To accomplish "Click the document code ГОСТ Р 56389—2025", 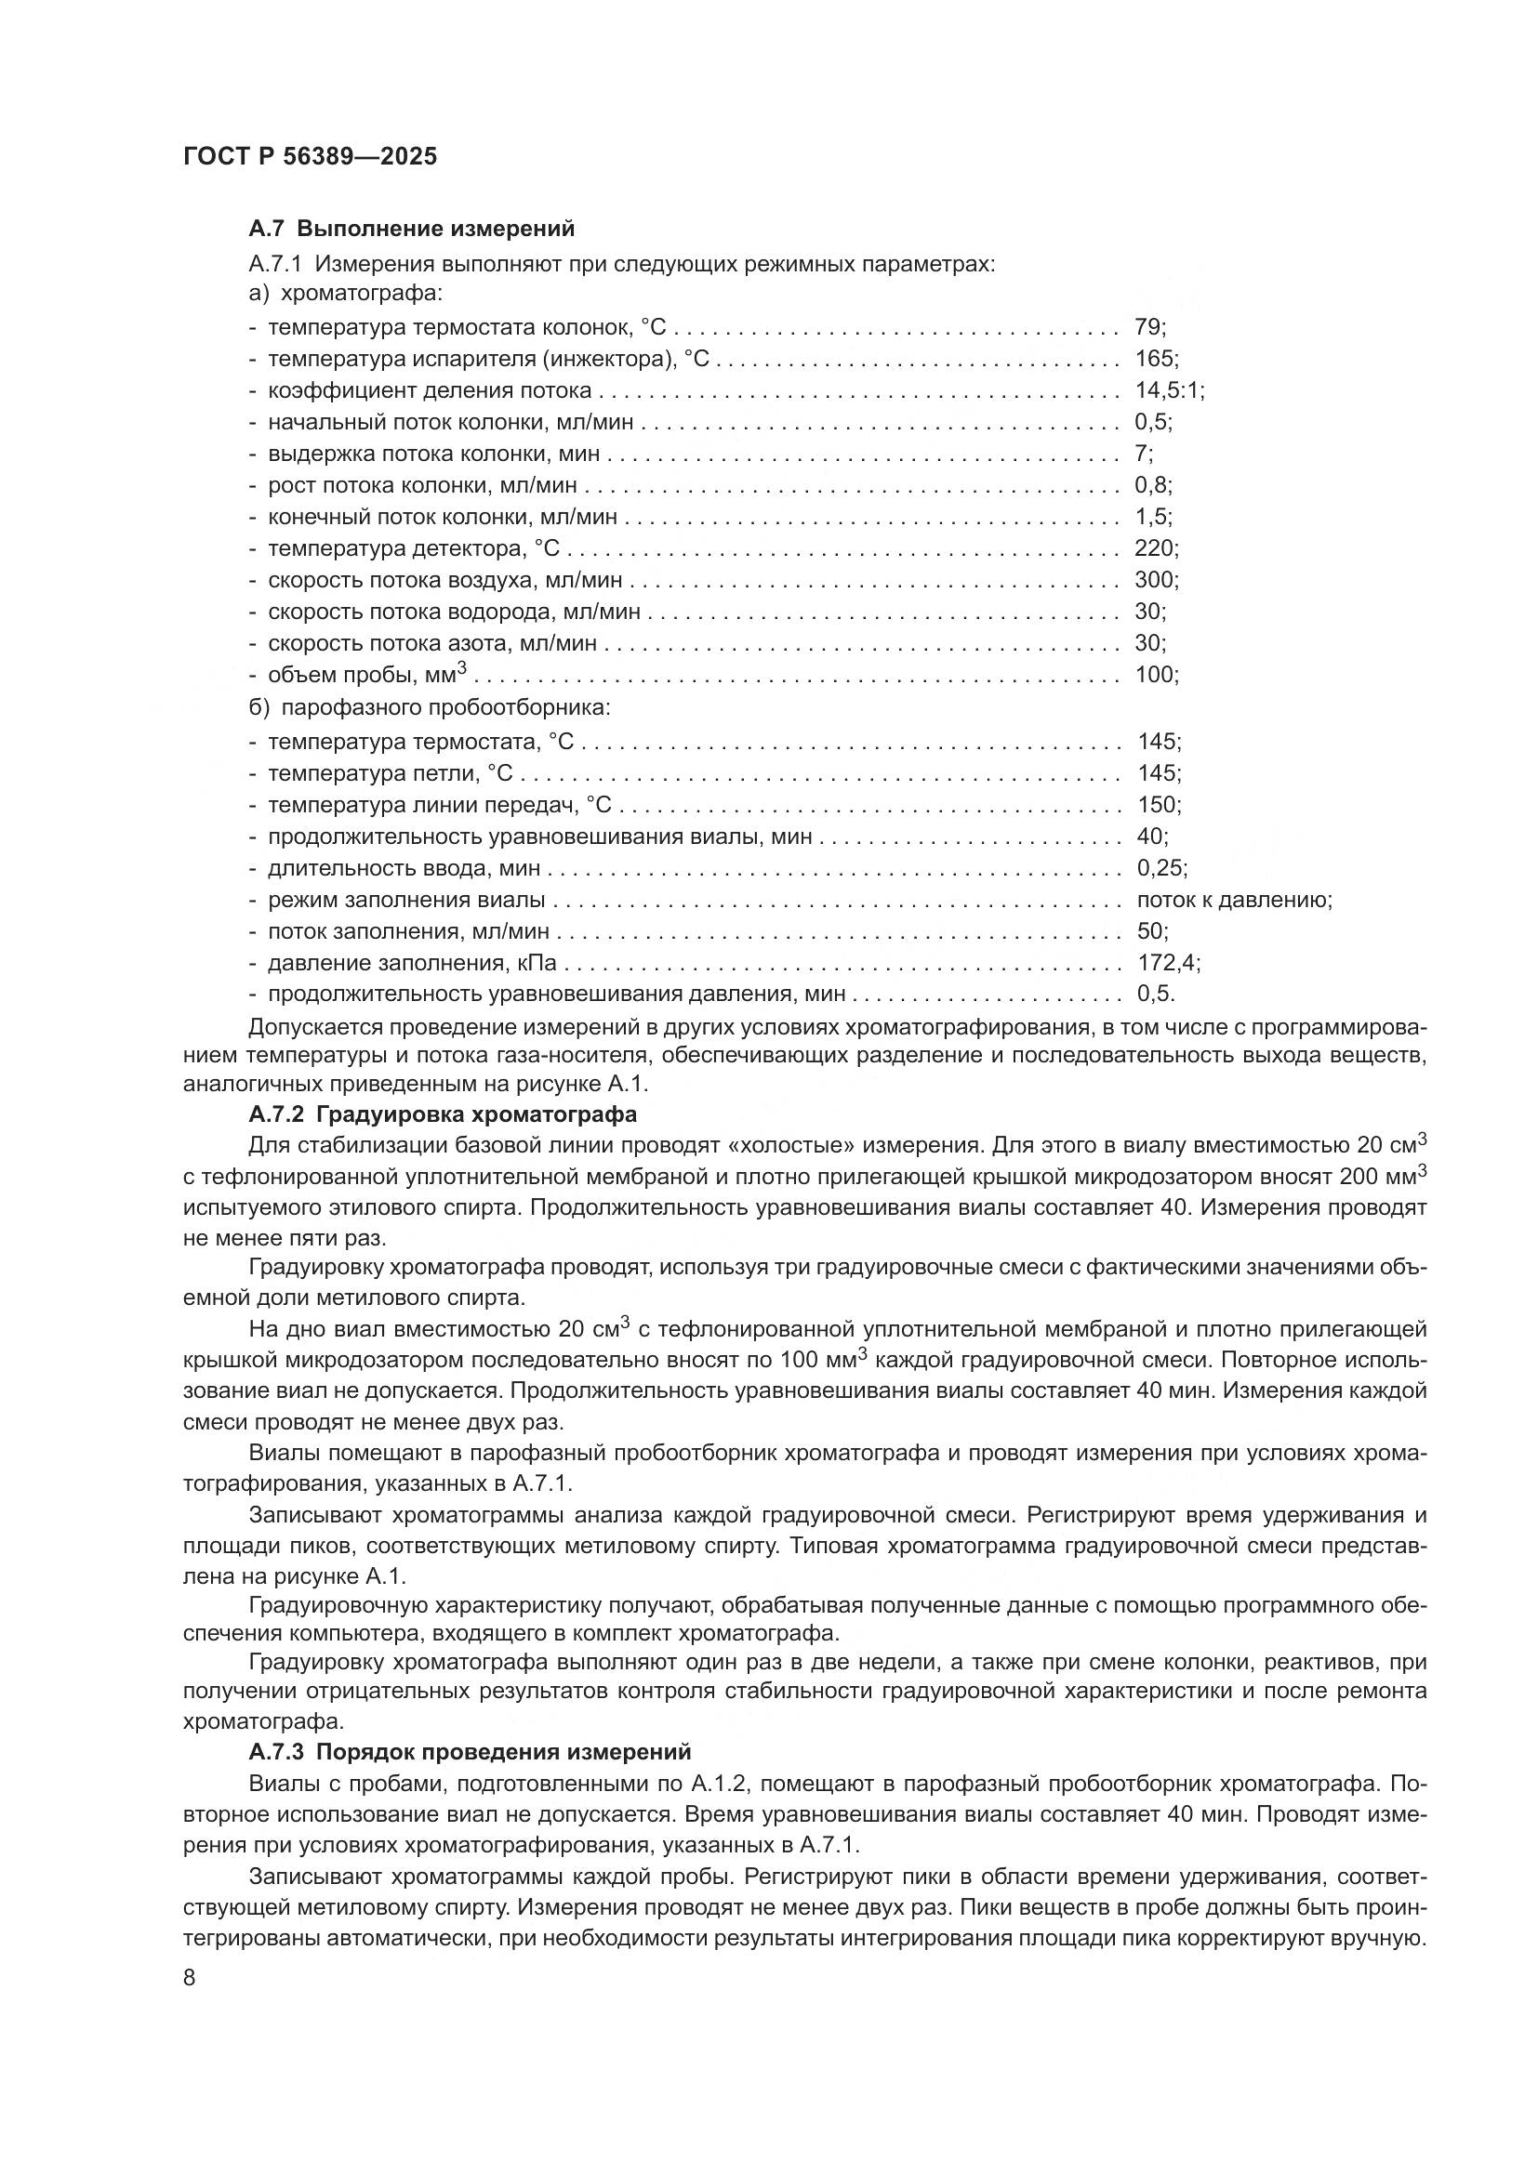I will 310,157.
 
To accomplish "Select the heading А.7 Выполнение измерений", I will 411,229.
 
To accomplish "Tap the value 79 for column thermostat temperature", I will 1147,327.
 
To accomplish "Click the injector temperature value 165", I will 1152,359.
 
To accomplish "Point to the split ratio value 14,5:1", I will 1167,390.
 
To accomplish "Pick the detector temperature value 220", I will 1152,548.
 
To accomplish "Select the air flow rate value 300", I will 1152,579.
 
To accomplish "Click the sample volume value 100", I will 1152,675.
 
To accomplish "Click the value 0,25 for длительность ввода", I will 1160,868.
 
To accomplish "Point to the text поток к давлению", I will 1233,900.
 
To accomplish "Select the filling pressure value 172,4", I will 1166,963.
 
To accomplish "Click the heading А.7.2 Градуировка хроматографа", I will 443,1113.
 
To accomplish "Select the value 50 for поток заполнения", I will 1149,931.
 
